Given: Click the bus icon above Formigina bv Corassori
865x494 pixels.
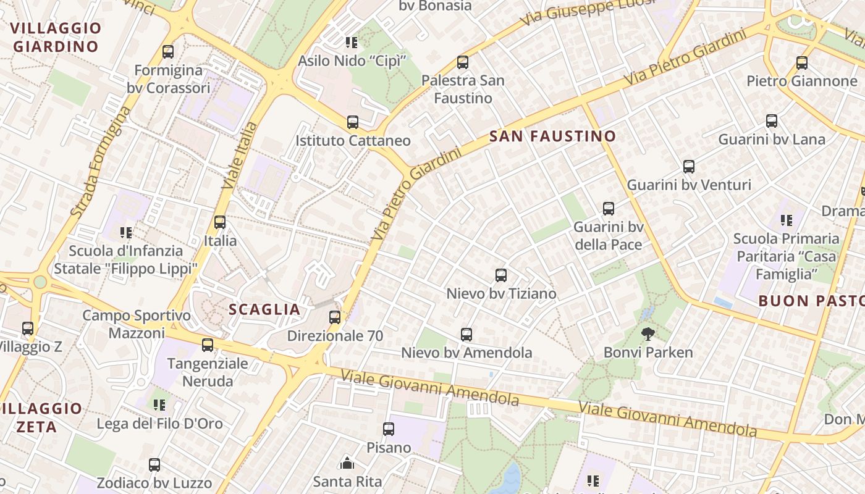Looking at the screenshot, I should tap(168, 52).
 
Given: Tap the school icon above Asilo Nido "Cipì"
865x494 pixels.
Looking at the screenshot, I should tap(351, 43).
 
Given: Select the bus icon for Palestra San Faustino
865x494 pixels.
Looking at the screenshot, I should tap(463, 62).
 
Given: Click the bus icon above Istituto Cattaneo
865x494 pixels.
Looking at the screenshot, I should tap(353, 122).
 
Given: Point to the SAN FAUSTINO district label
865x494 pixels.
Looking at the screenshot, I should tap(552, 136).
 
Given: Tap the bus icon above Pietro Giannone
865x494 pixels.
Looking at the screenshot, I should tap(802, 62).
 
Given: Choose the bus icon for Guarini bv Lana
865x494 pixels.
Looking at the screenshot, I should tap(772, 121).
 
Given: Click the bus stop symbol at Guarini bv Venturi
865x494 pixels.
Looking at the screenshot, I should tap(689, 166).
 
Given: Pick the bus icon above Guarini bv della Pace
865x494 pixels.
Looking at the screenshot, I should tap(609, 209).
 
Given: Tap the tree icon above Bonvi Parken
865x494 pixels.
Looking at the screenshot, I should tap(648, 334).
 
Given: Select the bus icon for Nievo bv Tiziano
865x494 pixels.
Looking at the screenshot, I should tap(501, 275).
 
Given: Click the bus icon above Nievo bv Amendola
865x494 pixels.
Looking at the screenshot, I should tap(466, 335).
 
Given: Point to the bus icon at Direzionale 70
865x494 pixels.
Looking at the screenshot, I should tap(335, 317).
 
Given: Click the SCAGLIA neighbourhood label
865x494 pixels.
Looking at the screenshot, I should tap(264, 309).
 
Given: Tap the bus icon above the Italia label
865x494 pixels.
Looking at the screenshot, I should tap(220, 222).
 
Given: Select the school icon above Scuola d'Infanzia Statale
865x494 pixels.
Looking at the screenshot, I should tap(126, 233).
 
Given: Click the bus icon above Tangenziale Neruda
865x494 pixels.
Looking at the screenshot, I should tap(208, 345).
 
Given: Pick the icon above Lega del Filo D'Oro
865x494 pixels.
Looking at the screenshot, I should tap(159, 405).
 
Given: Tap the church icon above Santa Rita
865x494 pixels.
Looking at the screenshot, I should tap(347, 463).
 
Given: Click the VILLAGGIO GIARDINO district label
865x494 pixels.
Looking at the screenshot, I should tap(56, 37).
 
